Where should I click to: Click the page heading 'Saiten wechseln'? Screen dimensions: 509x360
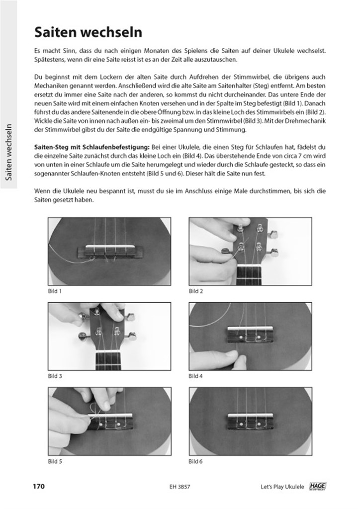click(89, 33)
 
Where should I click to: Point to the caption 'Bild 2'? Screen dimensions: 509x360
click(196, 291)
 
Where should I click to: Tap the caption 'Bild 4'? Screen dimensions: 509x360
click(196, 376)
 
